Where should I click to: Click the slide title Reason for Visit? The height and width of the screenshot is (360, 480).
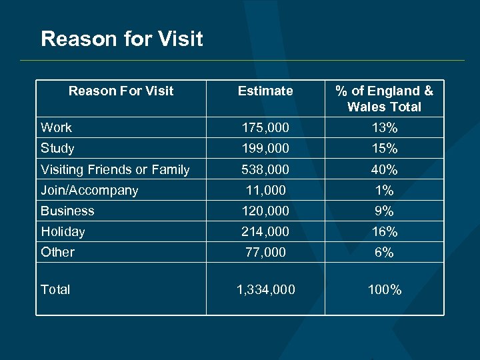point(121,39)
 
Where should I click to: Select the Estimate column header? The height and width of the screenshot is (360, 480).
point(265,91)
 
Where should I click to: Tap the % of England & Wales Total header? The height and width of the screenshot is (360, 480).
point(384,99)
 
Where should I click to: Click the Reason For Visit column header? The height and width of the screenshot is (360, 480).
point(121,91)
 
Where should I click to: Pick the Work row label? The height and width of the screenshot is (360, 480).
point(56,127)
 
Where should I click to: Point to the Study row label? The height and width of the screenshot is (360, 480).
point(57,148)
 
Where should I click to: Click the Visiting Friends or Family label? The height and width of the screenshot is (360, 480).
point(115,169)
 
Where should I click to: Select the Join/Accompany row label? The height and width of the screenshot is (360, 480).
point(89,190)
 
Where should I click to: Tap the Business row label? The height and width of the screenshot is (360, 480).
point(67,211)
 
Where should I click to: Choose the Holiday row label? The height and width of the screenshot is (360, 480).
point(63,231)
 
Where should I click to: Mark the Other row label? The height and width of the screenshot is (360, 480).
point(57,252)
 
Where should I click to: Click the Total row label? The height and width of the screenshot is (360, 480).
point(55,289)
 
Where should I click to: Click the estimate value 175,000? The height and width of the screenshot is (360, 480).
point(265,127)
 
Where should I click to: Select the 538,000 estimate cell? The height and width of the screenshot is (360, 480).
point(265,169)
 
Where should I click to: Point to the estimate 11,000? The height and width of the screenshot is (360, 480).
point(265,190)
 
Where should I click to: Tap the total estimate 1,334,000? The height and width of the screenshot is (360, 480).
point(265,289)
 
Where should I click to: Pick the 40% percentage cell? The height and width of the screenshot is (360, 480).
point(384,169)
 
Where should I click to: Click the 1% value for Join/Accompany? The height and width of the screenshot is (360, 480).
point(384,190)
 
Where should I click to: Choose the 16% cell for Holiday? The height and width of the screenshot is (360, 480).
point(384,231)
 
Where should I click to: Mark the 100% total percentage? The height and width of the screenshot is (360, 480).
point(384,289)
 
